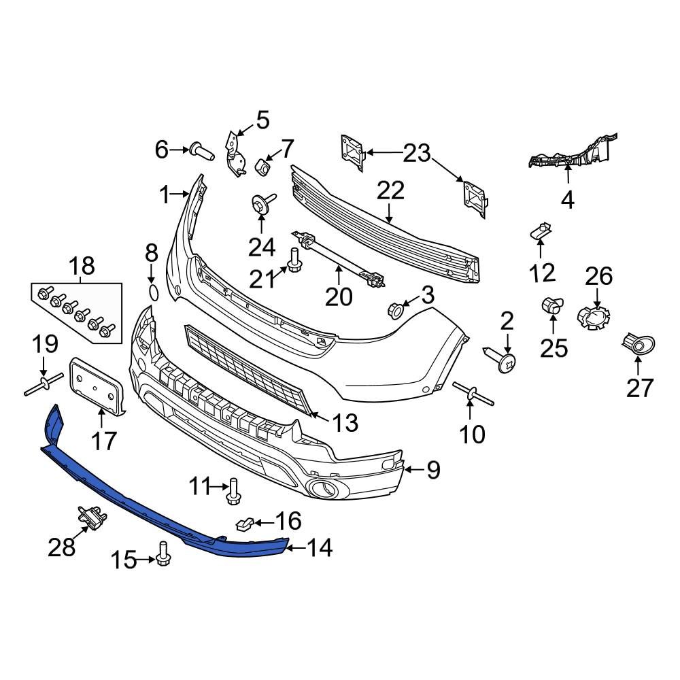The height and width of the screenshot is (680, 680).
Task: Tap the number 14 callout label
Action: (x=319, y=547)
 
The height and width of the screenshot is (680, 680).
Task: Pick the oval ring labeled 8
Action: (x=153, y=293)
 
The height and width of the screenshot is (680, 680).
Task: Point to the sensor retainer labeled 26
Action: (x=594, y=318)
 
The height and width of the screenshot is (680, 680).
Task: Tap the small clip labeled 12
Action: (x=540, y=232)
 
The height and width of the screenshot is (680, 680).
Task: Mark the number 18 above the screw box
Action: (x=80, y=265)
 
